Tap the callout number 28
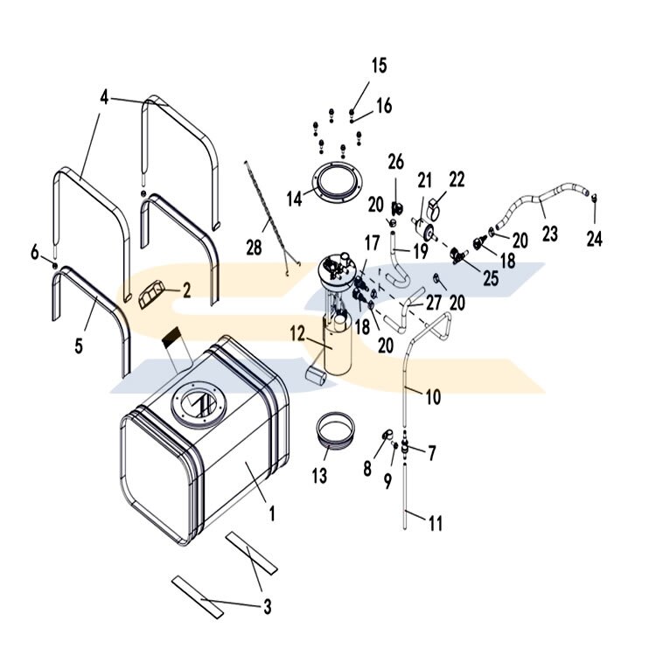coord(254,248)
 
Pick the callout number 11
coord(435,523)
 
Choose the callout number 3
coord(267,604)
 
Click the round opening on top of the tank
coord(200,404)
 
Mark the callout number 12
coord(297,333)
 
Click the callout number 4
coord(104,97)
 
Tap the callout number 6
coord(35,253)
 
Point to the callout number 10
coord(433,396)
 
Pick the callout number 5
coord(79,346)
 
